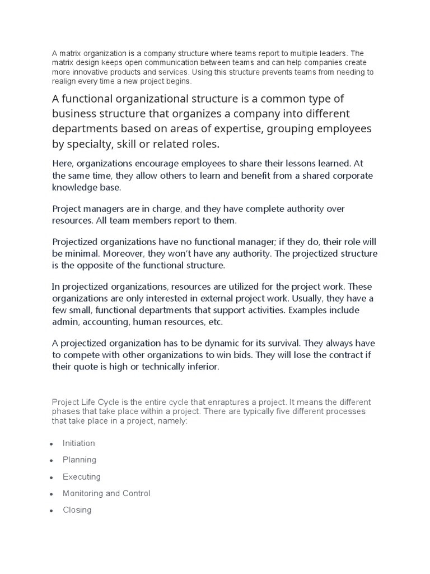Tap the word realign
pyautogui.click(x=66, y=81)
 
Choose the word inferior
pyautogui.click(x=203, y=367)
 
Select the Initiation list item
pyautogui.click(x=78, y=443)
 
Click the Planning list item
pyautogui.click(x=79, y=460)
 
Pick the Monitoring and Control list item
pyautogui.click(x=106, y=494)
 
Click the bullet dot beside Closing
pyautogui.click(x=51, y=511)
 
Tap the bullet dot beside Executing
pyautogui.click(x=51, y=478)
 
